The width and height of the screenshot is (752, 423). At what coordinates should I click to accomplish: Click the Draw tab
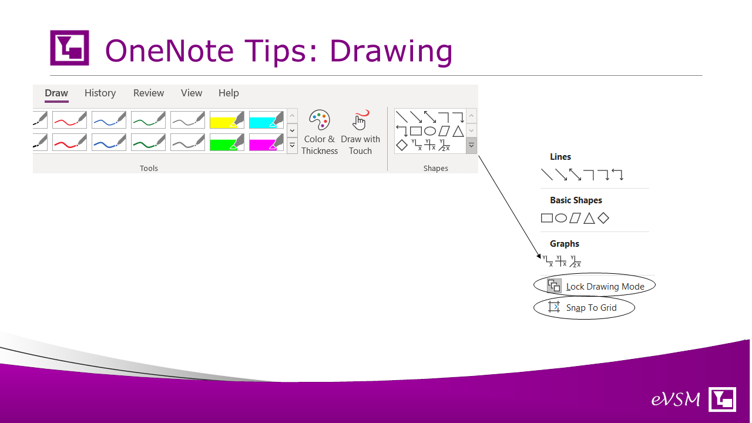coord(56,93)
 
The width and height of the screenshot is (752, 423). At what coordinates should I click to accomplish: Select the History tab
coord(100,93)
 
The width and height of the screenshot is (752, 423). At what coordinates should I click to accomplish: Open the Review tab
coord(149,93)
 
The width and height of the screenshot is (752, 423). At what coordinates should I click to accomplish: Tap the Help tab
coord(229,93)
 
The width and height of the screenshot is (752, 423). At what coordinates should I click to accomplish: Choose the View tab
coord(192,93)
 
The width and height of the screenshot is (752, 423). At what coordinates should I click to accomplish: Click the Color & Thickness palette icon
coord(319,120)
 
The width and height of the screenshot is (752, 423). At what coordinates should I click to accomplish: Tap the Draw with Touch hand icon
coord(360,120)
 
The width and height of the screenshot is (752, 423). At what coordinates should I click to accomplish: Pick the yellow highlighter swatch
coord(227,120)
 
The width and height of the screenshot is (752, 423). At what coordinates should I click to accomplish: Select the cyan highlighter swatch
coord(266,120)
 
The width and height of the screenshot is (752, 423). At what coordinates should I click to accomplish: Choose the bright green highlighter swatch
coord(227,142)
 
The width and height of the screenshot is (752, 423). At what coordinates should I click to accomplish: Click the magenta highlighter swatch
coord(266,142)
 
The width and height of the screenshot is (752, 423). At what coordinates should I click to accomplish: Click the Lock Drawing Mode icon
coord(554,286)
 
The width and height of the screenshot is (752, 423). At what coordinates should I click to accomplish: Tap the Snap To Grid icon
coord(554,307)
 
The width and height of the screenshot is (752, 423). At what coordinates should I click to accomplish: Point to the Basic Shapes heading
coord(576,200)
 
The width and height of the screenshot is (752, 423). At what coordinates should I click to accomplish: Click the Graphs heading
coord(565,244)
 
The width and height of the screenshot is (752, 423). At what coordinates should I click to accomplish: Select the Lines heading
coord(560,157)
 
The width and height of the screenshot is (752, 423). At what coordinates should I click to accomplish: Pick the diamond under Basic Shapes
coord(603,218)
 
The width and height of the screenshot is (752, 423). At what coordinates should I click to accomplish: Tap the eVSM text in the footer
coord(676,399)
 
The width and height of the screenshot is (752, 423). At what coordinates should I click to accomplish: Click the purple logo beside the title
coord(69,48)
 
